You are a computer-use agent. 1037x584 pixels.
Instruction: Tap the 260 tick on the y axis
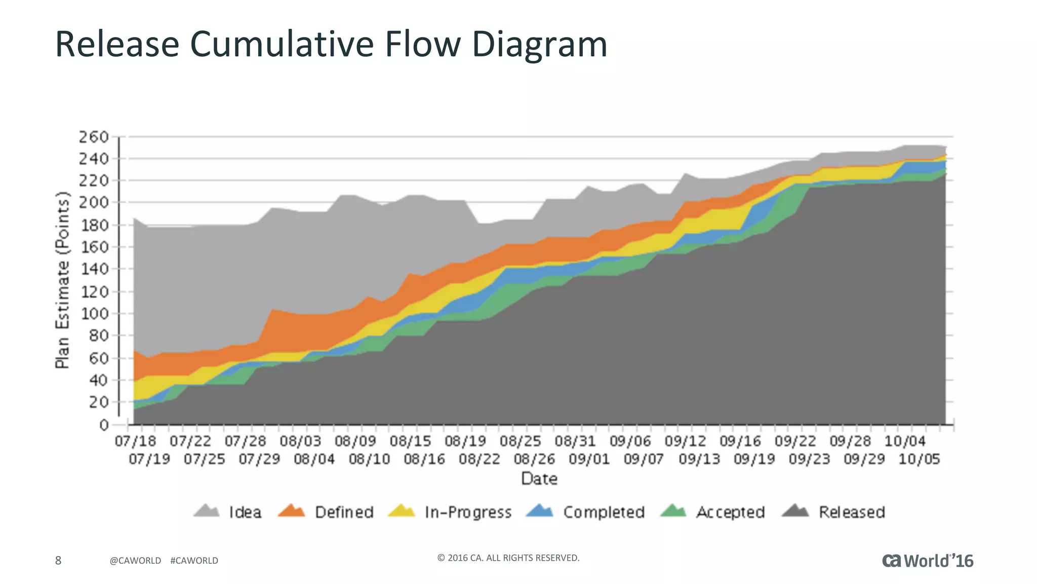click(x=94, y=137)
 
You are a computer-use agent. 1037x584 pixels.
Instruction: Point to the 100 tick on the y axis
click(x=94, y=313)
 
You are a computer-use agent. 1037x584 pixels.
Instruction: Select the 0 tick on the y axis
click(x=104, y=425)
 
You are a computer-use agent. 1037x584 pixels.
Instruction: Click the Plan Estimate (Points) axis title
click(x=62, y=280)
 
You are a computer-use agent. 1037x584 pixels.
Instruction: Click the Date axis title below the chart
click(x=539, y=479)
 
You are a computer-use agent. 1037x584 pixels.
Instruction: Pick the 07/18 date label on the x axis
click(x=135, y=441)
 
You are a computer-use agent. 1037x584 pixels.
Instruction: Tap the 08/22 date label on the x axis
click(x=479, y=459)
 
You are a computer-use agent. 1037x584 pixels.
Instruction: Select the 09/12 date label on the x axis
click(x=685, y=441)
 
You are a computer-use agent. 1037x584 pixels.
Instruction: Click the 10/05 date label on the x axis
click(x=919, y=459)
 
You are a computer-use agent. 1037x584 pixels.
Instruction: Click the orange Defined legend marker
click(x=292, y=511)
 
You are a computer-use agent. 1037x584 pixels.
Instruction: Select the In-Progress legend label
click(x=468, y=512)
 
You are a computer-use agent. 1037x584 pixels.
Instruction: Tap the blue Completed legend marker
click(x=540, y=511)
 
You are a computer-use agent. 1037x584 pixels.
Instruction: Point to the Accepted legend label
click(x=730, y=512)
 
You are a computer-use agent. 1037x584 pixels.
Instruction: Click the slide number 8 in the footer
click(x=58, y=560)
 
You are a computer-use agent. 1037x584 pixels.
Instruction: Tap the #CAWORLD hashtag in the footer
click(x=194, y=561)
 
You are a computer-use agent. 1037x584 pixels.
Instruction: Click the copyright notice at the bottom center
click(x=508, y=558)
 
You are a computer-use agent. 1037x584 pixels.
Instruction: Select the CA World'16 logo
click(x=928, y=560)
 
